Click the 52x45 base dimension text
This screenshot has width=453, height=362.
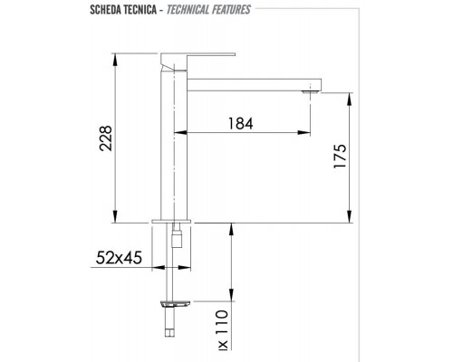120,258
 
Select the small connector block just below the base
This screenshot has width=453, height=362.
178,240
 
